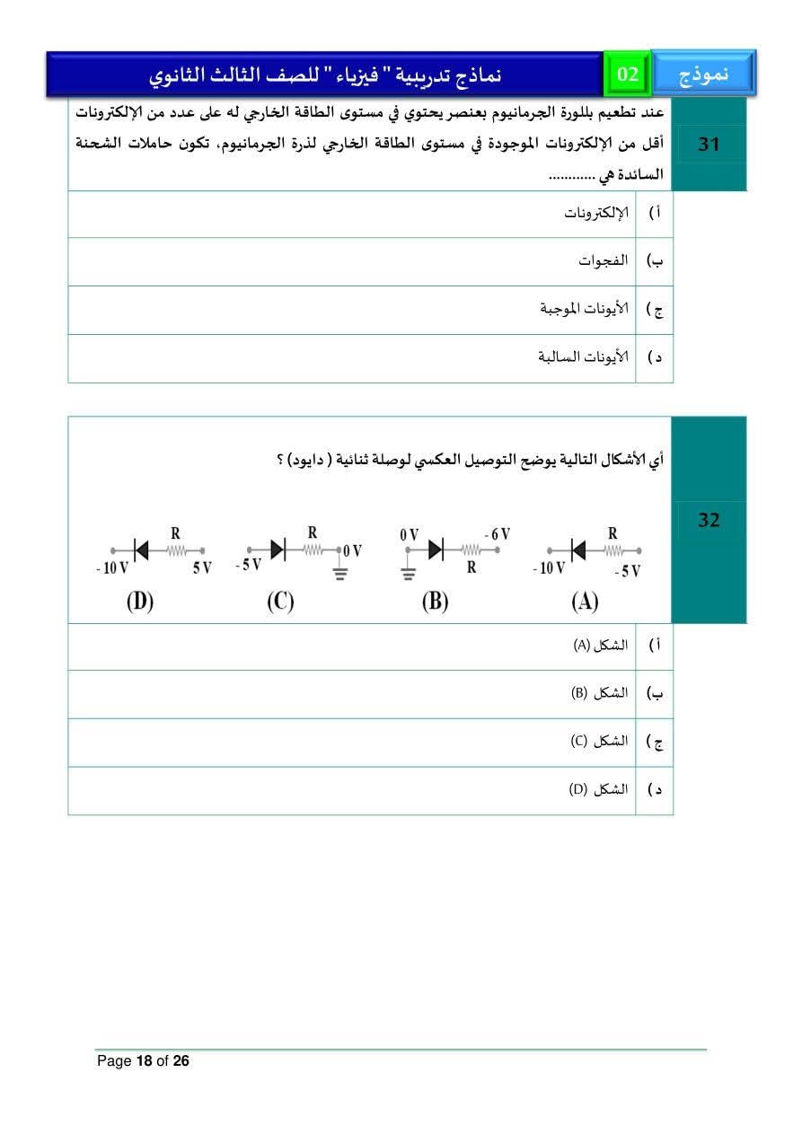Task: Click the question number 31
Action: [709, 144]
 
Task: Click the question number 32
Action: [709, 520]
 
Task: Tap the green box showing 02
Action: [628, 75]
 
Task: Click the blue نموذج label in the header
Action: [703, 75]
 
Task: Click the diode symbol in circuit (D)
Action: [141, 549]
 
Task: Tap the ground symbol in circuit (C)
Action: [339, 573]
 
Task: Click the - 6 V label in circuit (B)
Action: [496, 533]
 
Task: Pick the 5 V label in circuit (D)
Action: [201, 567]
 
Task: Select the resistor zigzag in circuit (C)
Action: [313, 549]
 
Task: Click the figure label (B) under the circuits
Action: [435, 601]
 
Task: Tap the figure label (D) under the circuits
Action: [139, 601]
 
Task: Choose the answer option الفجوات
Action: [603, 261]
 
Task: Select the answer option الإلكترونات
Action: [595, 213]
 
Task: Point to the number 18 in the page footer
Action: [144, 1061]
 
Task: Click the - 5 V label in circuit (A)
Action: [627, 571]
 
